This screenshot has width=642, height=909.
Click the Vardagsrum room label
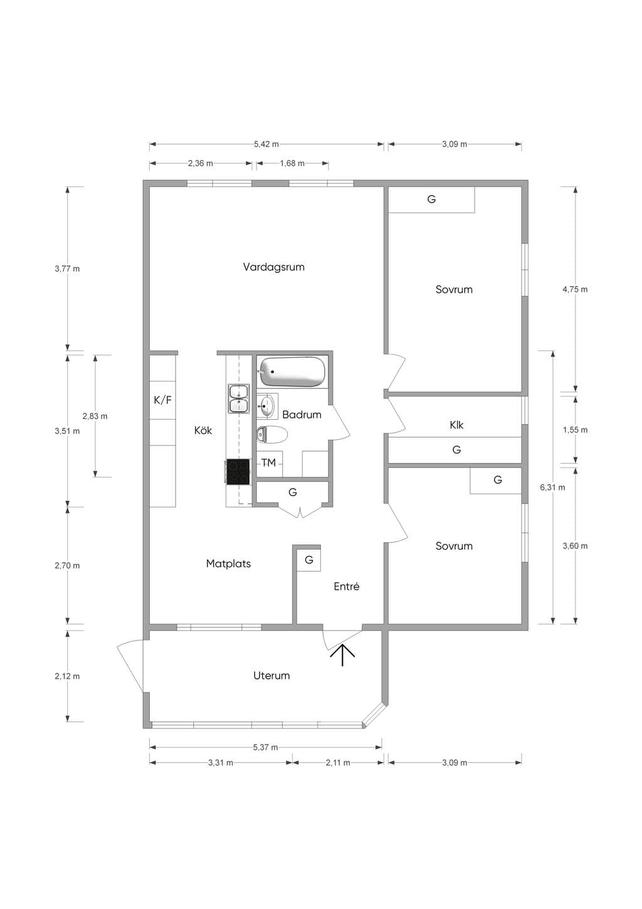click(274, 267)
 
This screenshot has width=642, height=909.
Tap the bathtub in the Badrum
click(292, 372)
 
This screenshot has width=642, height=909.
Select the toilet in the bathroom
click(271, 435)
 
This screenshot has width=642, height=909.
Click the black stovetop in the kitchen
click(238, 472)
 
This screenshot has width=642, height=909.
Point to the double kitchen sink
click(238, 399)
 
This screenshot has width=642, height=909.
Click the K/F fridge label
click(162, 400)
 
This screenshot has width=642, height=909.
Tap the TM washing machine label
click(268, 462)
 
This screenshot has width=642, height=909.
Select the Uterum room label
click(271, 676)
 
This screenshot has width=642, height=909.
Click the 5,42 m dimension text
click(266, 144)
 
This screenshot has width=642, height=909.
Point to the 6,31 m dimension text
click(552, 487)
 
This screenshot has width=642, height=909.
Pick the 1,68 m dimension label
click(292, 164)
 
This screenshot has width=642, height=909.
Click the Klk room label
click(456, 425)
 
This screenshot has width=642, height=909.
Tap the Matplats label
click(228, 564)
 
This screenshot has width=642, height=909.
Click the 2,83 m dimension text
click(95, 416)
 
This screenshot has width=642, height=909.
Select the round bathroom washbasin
click(267, 405)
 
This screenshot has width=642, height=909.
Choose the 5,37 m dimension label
click(266, 747)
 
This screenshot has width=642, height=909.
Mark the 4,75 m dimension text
click(575, 289)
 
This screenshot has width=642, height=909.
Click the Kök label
click(203, 430)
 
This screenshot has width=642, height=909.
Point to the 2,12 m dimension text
click(67, 676)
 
